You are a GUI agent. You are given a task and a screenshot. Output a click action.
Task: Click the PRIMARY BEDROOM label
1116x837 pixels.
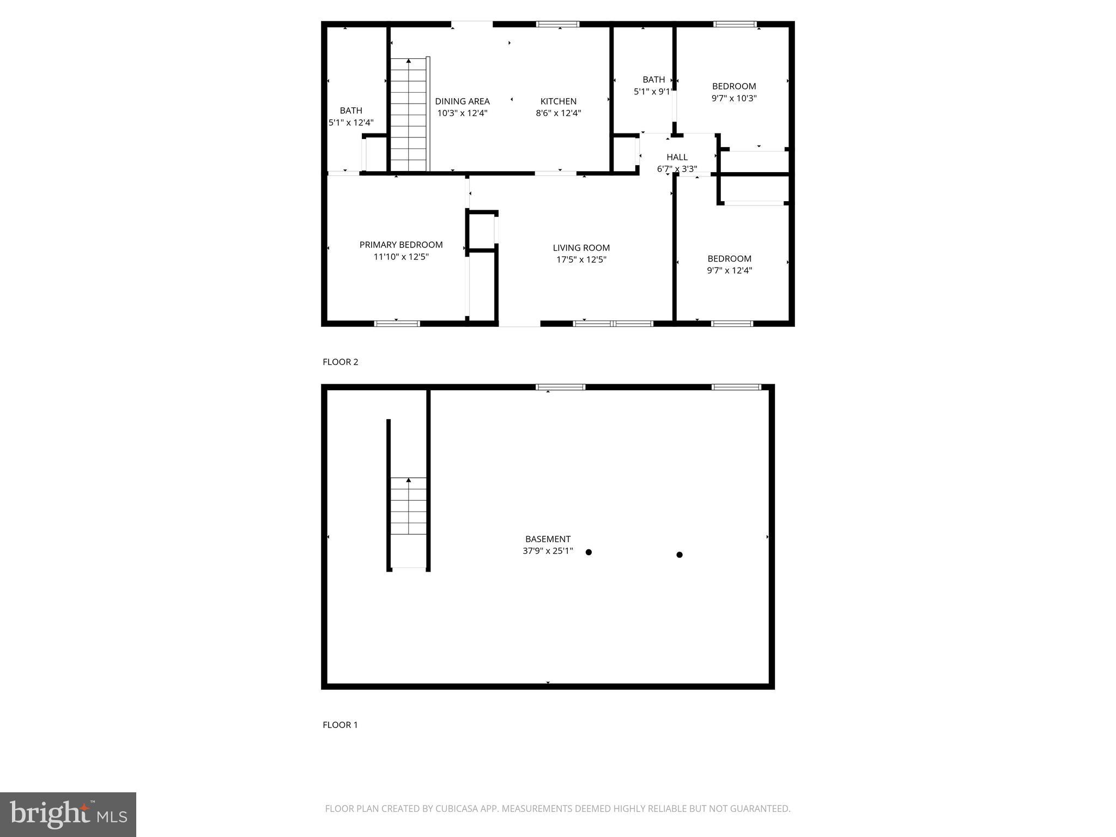(x=401, y=245)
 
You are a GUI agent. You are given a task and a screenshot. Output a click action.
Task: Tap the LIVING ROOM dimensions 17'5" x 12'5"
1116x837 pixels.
(x=581, y=260)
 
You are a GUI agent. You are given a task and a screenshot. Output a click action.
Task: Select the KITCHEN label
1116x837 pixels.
(x=558, y=101)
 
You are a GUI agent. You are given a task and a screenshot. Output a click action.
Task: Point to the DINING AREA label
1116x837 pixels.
(x=462, y=101)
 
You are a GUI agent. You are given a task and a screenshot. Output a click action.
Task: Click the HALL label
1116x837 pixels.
(x=677, y=157)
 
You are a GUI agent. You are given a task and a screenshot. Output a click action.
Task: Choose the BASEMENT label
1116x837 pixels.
(x=548, y=539)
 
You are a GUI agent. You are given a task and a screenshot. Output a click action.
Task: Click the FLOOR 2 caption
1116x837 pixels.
(x=340, y=362)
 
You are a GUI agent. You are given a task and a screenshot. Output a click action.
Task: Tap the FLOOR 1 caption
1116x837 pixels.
(x=340, y=725)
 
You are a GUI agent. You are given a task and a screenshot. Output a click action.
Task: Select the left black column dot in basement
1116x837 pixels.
(x=589, y=552)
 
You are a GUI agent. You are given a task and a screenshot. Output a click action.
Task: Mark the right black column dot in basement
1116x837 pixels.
(x=680, y=555)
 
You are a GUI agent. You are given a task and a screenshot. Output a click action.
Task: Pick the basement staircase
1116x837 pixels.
(x=409, y=507)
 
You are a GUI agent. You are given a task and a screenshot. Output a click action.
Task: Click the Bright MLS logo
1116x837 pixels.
(x=68, y=814)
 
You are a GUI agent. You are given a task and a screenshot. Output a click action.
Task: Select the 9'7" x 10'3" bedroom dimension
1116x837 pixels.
(x=734, y=99)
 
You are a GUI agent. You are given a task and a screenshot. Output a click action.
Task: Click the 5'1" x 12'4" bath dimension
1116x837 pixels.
(x=351, y=123)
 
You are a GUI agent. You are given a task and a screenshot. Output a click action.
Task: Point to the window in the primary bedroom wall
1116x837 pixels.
(x=397, y=324)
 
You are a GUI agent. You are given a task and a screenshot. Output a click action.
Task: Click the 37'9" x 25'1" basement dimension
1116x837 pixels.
(x=548, y=551)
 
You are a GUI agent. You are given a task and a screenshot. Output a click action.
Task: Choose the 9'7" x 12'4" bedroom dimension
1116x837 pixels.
(x=729, y=270)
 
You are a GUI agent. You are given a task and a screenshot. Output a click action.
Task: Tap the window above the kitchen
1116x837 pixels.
(x=557, y=24)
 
